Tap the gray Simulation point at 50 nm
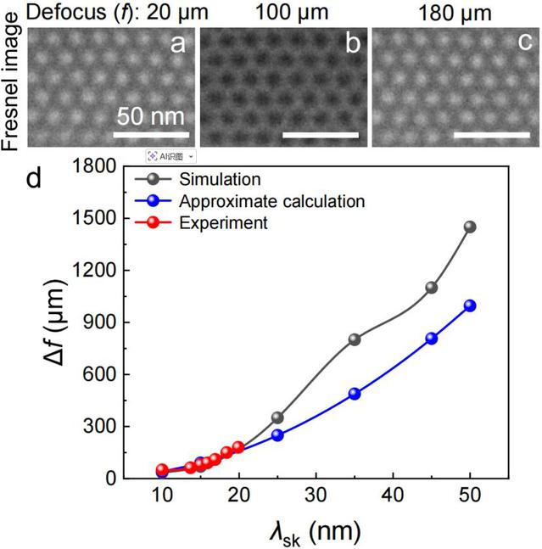[470, 227]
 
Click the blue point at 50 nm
[470, 305]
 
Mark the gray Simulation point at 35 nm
[355, 339]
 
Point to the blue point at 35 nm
[355, 394]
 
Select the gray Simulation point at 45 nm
[432, 288]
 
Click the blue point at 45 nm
[432, 338]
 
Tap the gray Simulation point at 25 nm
[277, 417]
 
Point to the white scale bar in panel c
[492, 133]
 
